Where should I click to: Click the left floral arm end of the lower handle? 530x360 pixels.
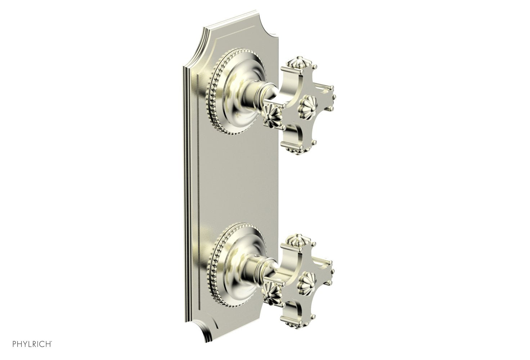click(x=272, y=288)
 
